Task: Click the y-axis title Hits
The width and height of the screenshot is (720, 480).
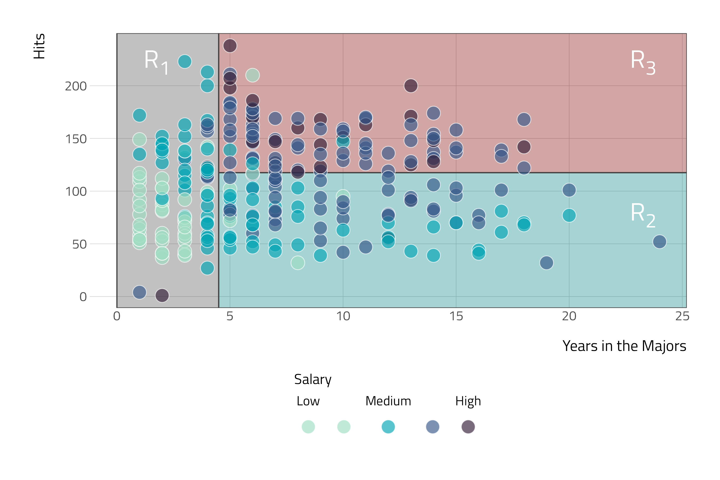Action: (x=39, y=46)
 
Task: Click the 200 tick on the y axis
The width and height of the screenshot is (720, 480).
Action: (x=76, y=86)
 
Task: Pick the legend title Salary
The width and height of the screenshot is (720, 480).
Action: (x=313, y=379)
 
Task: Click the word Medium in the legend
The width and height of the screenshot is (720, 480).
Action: (x=388, y=401)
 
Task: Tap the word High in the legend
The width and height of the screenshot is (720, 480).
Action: (x=468, y=401)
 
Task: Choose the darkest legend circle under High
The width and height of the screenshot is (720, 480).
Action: (x=468, y=427)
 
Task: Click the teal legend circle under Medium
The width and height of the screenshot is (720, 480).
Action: (x=388, y=427)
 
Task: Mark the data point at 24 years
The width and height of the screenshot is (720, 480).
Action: (x=659, y=242)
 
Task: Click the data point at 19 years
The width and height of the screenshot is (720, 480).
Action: (x=546, y=263)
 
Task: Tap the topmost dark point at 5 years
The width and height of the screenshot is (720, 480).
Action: (x=230, y=46)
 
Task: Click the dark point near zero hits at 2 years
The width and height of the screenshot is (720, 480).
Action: (x=162, y=295)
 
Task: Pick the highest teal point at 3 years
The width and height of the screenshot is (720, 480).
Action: (x=185, y=62)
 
